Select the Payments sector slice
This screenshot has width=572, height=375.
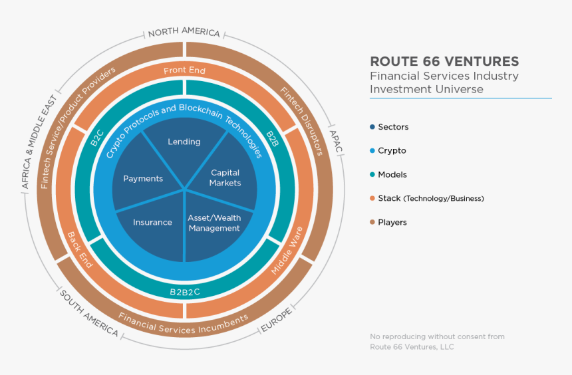143,178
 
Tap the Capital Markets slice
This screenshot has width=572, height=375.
225,178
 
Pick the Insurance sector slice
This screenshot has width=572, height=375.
152,222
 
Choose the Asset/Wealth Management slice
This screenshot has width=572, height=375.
214,223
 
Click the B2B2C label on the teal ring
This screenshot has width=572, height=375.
185,291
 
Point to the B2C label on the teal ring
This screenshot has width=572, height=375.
97,138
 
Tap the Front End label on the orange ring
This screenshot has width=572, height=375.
184,70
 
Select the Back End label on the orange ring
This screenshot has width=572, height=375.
79,249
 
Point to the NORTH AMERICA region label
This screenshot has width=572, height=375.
184,33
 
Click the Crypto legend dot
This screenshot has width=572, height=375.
372,151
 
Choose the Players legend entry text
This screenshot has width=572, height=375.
392,223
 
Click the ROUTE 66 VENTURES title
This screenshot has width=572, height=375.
444,61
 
